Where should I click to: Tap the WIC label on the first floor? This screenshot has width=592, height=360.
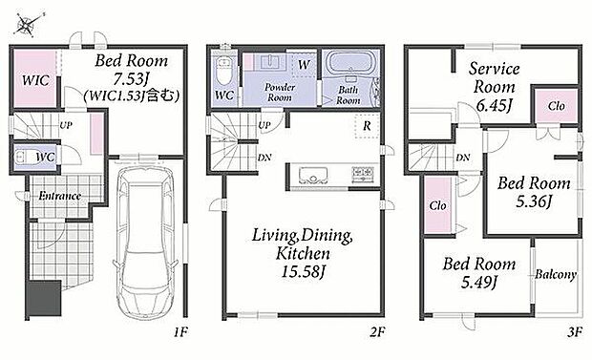point(35,80)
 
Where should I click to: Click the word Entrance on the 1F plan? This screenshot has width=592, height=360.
point(60,196)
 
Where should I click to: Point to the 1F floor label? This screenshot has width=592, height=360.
point(180,332)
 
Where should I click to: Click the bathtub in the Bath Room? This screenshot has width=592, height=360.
point(351,63)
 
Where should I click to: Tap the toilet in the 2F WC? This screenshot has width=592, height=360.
point(223,71)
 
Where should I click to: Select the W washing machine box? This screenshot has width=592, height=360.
point(305,65)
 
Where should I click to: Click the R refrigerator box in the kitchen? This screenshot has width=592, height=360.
point(367,126)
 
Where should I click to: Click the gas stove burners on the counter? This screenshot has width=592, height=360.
point(363,174)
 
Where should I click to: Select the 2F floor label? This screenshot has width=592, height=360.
point(377,332)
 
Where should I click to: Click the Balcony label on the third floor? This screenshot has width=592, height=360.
point(556,274)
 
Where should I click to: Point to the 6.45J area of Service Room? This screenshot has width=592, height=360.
point(495,106)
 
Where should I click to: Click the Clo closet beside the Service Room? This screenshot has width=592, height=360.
point(557,106)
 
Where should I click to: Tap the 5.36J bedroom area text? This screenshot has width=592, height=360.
point(534,201)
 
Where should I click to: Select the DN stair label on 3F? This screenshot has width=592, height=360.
point(463,158)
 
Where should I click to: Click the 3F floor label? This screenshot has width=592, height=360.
point(574,332)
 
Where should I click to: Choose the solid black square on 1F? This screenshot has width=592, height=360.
point(45,299)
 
